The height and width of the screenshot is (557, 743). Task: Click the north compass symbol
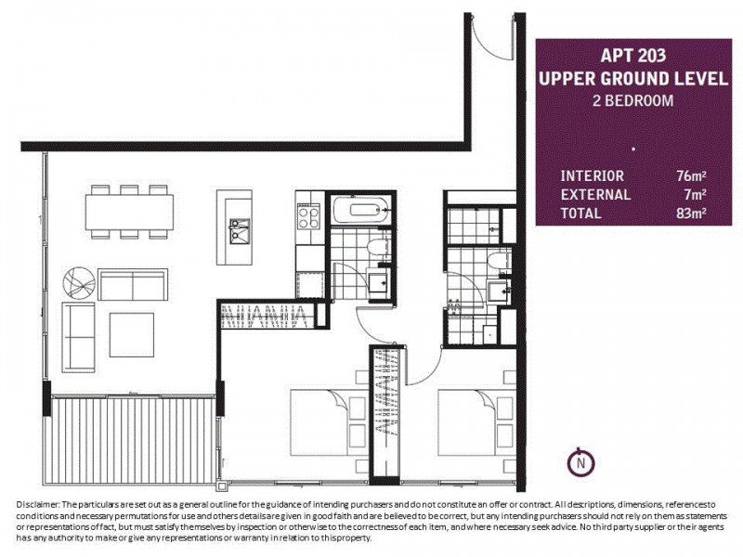point(580,460)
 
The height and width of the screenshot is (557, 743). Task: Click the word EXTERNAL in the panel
point(595,194)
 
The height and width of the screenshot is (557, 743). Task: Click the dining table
point(128,213)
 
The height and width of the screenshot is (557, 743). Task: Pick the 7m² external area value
point(695,194)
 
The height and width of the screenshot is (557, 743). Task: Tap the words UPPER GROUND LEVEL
point(632,78)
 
